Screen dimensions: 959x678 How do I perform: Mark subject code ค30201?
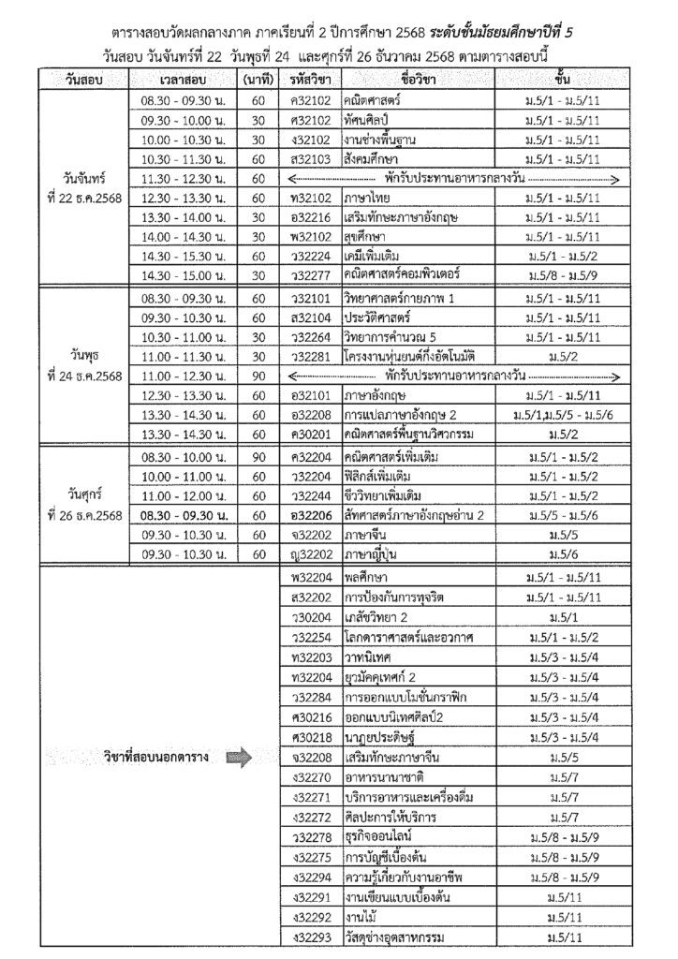313,435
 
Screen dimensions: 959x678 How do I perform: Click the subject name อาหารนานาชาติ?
383,777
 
